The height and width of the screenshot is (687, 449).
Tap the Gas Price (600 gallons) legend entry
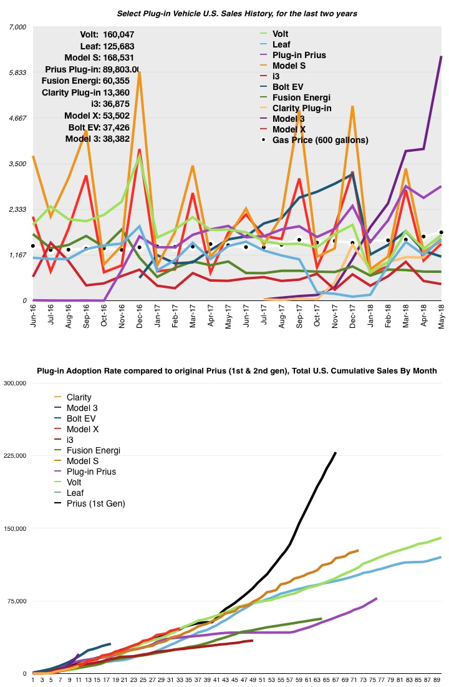pos(320,140)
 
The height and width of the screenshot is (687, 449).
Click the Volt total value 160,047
pos(117,34)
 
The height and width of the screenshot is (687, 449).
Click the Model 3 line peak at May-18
pos(442,57)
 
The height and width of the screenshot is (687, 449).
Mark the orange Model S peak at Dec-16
pos(140,72)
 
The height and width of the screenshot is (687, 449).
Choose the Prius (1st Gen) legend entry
pos(94,503)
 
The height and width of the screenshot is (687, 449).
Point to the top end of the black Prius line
pos(336,453)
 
